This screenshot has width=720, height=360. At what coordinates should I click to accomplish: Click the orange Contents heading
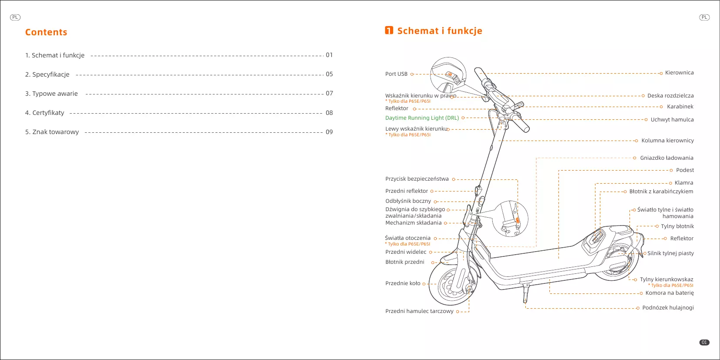pos(46,32)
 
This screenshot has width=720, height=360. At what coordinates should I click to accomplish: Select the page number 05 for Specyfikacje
pos(329,74)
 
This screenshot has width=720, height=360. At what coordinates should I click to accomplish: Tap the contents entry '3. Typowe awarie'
pos(51,94)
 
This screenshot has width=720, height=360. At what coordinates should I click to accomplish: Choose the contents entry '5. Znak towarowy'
pos(52,132)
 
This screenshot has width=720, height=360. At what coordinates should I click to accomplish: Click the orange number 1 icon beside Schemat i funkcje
pos(389,30)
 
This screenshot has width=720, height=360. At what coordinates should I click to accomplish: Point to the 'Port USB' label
pos(396,74)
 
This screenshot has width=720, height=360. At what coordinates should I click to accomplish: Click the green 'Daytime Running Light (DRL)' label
pos(422,118)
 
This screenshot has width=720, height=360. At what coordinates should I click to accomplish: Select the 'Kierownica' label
pos(679,73)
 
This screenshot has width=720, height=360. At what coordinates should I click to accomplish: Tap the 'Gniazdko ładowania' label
pos(666,158)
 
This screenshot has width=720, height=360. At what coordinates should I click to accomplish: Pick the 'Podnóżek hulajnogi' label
pos(668,308)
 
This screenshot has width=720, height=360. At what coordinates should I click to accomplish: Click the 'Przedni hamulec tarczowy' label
pos(419,311)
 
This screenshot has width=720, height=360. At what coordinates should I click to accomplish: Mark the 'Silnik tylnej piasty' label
pos(670,253)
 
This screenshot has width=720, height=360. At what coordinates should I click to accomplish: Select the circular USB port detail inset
pos(448,74)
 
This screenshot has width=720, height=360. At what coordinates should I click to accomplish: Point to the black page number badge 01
pos(704,343)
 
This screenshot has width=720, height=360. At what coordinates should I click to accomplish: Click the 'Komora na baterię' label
pos(670,293)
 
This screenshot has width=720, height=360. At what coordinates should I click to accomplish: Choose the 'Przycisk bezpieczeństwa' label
pos(417,179)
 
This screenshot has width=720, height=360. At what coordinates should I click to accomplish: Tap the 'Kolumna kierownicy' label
pos(667,141)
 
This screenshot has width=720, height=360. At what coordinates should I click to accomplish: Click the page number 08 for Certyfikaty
pos(329,113)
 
